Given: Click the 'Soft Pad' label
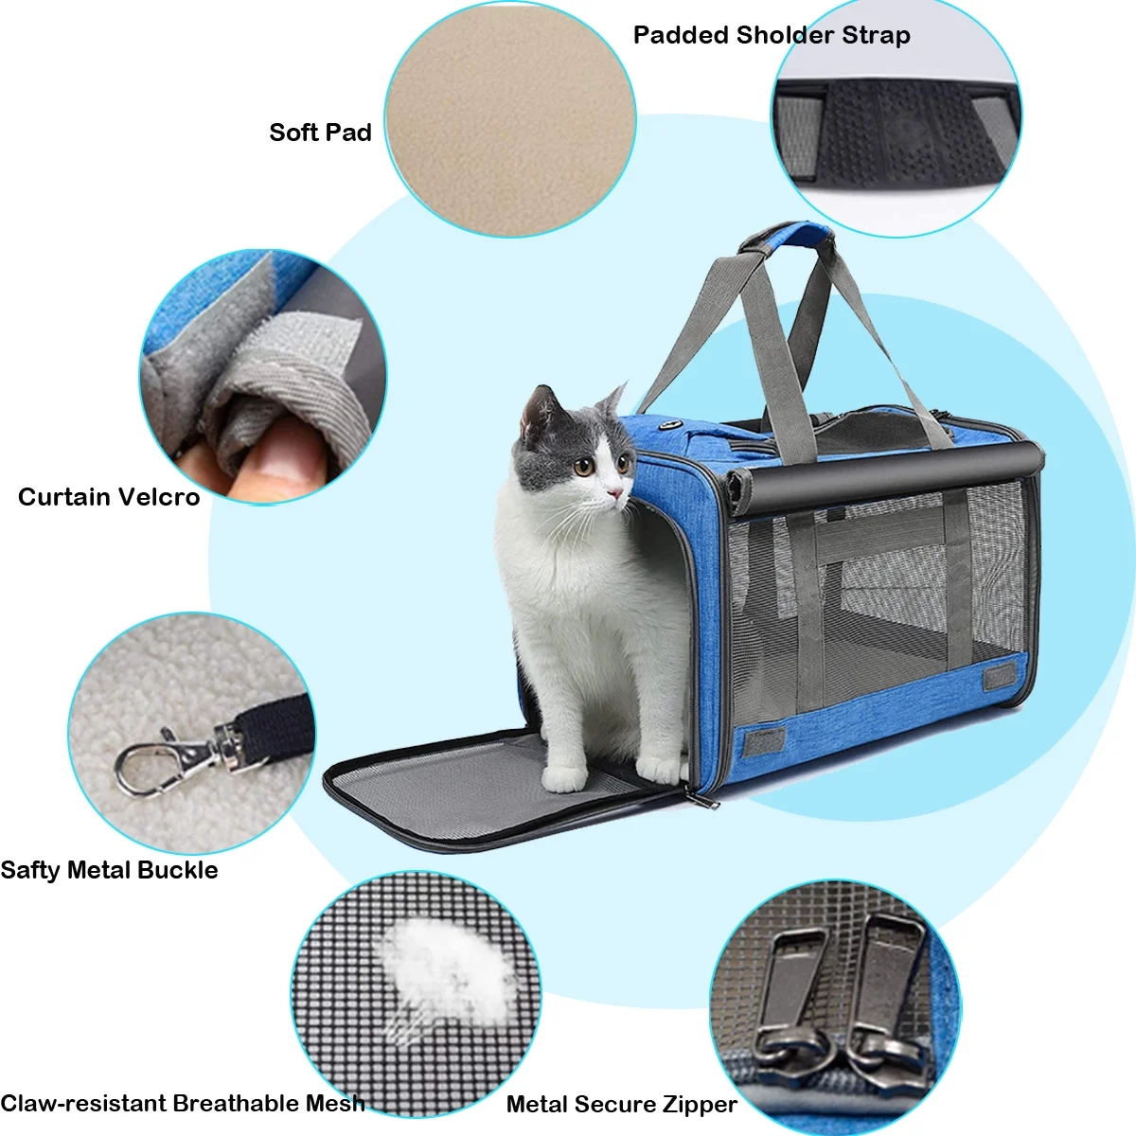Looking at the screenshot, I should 320,133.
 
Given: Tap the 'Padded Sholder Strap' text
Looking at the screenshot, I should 771,35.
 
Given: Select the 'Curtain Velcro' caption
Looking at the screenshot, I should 109,497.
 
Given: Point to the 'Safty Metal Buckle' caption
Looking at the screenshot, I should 109,870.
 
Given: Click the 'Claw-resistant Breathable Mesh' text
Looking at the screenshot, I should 182,1103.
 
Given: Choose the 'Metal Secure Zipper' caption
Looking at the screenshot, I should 621,1104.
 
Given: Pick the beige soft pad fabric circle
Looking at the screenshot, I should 509,118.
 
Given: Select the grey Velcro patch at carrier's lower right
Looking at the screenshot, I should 999,676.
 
